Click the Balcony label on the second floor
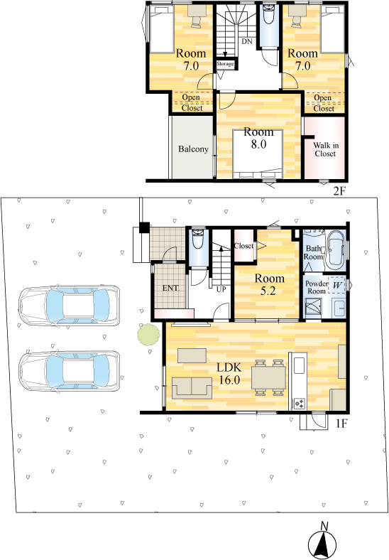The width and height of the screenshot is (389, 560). (193, 149)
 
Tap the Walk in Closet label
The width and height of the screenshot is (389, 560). (326, 150)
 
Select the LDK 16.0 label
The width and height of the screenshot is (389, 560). (230, 373)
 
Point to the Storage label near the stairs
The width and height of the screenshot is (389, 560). (225, 63)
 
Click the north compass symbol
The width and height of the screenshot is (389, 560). (322, 544)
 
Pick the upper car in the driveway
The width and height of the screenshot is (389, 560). (70, 306)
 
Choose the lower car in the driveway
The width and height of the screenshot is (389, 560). (70, 372)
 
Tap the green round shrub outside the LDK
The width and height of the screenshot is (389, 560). (148, 334)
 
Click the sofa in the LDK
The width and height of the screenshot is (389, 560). (192, 388)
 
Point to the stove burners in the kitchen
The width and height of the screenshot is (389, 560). (299, 404)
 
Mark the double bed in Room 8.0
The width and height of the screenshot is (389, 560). (258, 154)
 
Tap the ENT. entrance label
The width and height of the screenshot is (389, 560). (170, 288)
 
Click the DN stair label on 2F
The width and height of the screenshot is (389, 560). (247, 41)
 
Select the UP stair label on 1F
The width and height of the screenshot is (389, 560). (221, 289)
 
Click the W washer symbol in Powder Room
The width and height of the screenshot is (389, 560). (337, 286)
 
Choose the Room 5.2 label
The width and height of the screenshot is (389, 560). (269, 285)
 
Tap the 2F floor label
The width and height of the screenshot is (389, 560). (339, 191)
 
